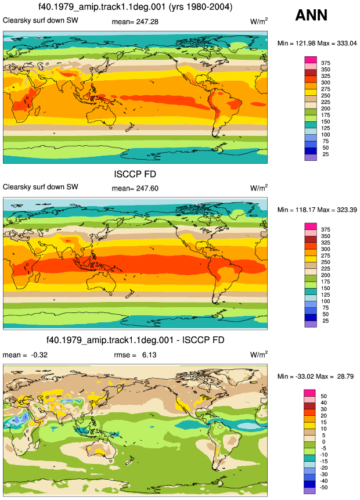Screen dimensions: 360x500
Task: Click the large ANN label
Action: click(311, 15)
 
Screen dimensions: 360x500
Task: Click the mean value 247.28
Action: click(147, 22)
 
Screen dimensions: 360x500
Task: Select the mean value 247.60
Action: click(147, 189)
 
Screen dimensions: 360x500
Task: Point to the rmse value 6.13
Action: click(149, 355)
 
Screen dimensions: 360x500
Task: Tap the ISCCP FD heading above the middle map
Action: click(135, 174)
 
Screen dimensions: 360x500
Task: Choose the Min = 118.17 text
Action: click(296, 210)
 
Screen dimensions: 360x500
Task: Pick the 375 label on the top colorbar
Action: click(326, 63)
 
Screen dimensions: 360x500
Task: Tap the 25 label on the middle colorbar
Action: click(326, 321)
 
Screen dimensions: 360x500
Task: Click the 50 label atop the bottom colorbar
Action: click(323, 396)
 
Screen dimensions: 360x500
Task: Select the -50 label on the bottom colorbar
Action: click(323, 488)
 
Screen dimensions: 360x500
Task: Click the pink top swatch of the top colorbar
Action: click(311, 60)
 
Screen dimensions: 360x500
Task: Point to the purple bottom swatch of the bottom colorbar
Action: click(309, 491)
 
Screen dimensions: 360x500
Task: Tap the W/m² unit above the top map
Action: click(258, 21)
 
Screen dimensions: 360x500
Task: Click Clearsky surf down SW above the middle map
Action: click(41, 187)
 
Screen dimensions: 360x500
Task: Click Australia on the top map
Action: click(101, 114)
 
